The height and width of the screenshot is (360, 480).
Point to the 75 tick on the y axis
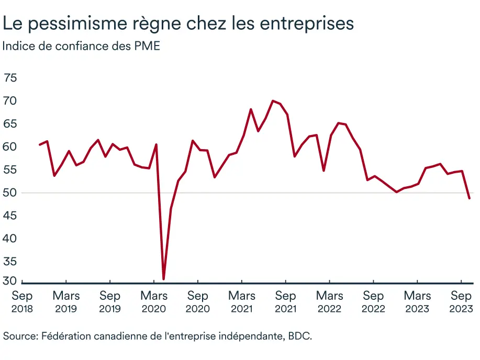pos(10,78)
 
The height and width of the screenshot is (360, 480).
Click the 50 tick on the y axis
pos(10,193)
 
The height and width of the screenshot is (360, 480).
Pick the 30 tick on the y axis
pos(10,282)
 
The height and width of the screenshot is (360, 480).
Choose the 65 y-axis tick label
pos(10,124)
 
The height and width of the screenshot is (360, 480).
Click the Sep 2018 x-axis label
pos(22,301)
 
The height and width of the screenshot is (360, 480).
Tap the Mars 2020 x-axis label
pos(154,301)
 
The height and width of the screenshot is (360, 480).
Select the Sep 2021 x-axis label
pos(285,301)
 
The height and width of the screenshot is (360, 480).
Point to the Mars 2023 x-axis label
pos(417,301)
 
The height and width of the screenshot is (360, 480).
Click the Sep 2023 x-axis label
pos(461,301)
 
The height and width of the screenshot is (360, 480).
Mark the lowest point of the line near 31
pos(164,279)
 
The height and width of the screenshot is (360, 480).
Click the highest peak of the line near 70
pos(273,100)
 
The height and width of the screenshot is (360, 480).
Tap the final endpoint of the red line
pos(469,198)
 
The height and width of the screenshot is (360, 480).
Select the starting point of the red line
pos(40,144)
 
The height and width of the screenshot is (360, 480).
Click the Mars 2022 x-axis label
pos(329,301)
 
